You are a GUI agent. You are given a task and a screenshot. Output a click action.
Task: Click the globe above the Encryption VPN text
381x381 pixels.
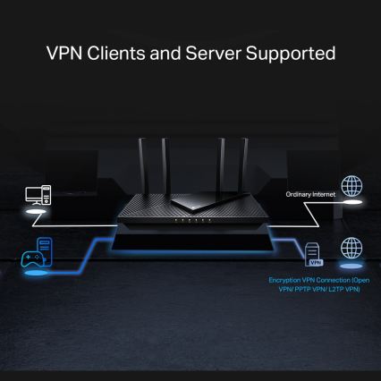coord(352,248)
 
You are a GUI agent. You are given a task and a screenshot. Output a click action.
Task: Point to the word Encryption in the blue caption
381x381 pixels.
coord(289,280)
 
